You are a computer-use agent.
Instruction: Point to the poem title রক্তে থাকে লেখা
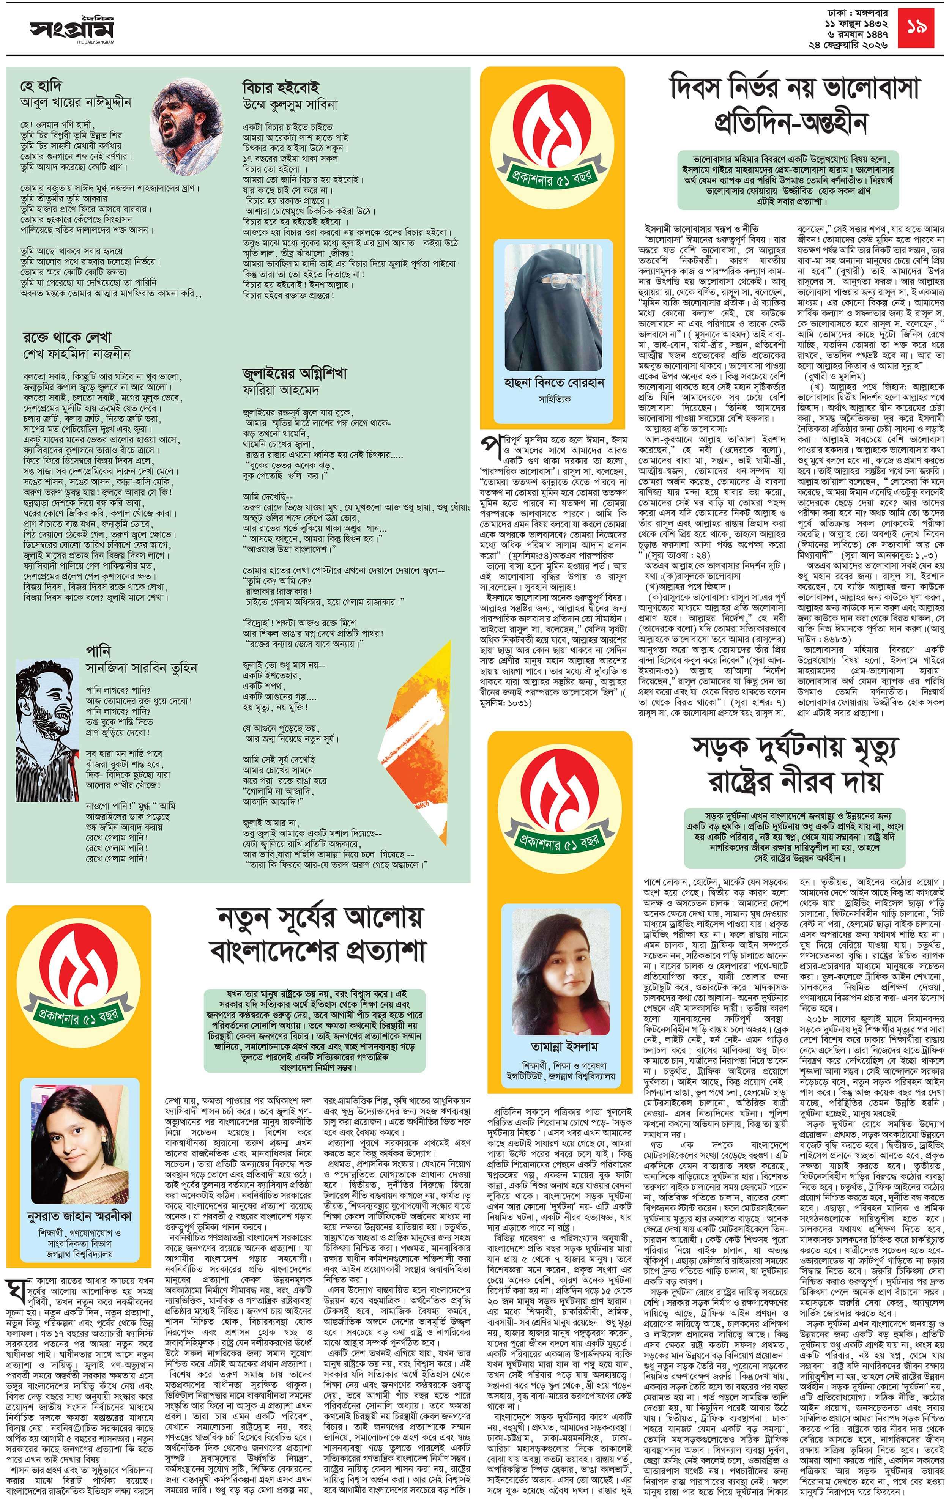point(67,338)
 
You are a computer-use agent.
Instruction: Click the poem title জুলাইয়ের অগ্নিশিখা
point(294,373)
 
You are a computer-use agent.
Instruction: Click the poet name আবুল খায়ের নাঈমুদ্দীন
point(76,102)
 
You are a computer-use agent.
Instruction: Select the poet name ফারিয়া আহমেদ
point(281,391)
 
